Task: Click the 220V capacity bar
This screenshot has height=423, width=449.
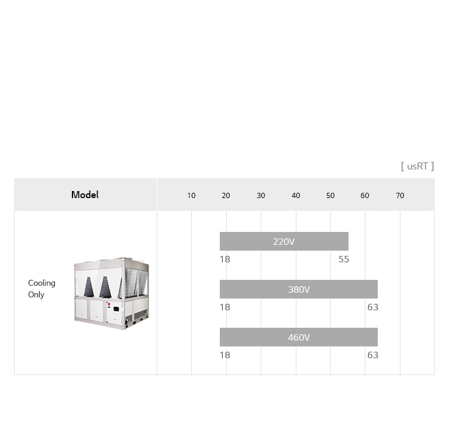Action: tap(284, 241)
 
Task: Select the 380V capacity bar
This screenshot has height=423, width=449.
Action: tap(298, 289)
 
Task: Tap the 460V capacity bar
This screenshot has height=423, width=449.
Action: tap(298, 337)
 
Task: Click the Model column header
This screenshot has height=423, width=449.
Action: tap(85, 195)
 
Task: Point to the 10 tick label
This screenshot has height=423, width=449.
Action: tap(191, 196)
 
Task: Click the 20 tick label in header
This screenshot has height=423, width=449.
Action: tap(226, 196)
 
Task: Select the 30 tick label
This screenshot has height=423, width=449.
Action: tap(261, 196)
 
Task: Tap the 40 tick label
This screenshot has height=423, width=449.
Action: tap(296, 196)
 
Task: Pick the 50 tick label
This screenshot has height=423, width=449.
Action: tap(330, 196)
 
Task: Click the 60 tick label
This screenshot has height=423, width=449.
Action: tap(365, 196)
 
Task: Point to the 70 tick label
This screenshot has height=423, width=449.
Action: tap(400, 196)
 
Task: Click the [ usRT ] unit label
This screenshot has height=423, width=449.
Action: tap(417, 166)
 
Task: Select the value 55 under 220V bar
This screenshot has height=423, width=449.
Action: tap(344, 259)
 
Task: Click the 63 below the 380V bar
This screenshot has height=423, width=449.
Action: tap(372, 307)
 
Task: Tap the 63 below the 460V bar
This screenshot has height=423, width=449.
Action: tap(372, 355)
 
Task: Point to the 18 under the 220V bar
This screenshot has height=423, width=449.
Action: tap(225, 259)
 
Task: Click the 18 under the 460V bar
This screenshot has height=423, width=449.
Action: tap(225, 355)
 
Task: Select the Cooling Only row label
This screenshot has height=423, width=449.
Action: tap(42, 289)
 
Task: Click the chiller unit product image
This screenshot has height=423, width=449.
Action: tap(111, 293)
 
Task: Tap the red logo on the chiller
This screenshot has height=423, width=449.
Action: tap(108, 305)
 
